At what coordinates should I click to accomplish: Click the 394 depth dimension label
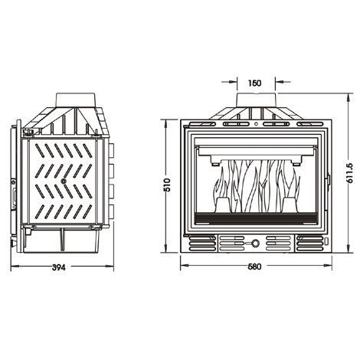pyautogui.click(x=59, y=267)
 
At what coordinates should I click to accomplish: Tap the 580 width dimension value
pyautogui.click(x=254, y=267)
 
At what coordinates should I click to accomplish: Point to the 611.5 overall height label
pyautogui.click(x=349, y=173)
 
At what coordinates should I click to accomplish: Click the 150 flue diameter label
pyautogui.click(x=254, y=83)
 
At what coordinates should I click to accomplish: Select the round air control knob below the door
pyautogui.click(x=255, y=244)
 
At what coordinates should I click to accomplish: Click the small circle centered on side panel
pyautogui.click(x=64, y=181)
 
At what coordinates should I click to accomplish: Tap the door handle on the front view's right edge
pyautogui.click(x=329, y=180)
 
